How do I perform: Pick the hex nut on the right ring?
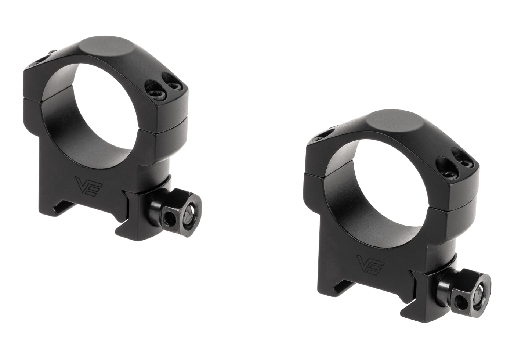(471, 291)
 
